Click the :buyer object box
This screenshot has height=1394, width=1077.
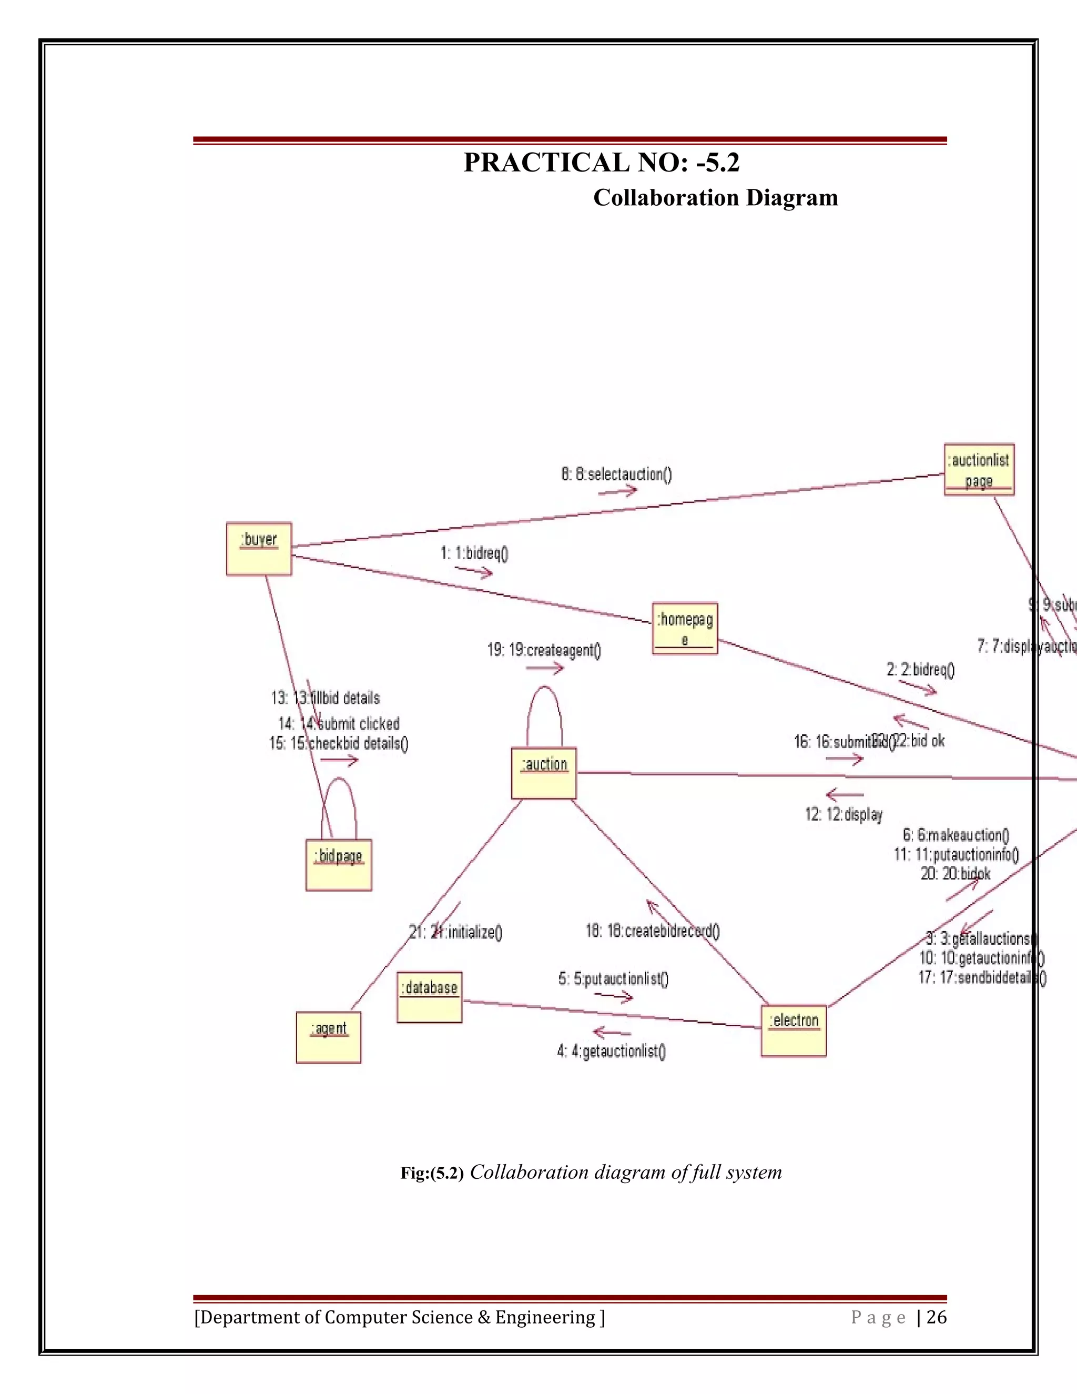point(259,549)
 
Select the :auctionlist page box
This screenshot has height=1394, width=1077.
point(979,470)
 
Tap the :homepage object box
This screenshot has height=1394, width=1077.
point(685,628)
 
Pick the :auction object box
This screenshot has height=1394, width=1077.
point(544,773)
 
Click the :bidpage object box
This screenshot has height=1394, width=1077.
point(339,865)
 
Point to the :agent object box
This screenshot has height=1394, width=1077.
point(329,1037)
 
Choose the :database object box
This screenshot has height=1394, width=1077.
point(430,997)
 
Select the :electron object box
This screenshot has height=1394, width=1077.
point(794,1031)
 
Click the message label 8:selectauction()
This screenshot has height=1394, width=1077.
point(616,474)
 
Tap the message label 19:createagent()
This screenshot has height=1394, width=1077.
point(544,650)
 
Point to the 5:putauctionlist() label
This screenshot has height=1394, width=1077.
point(613,978)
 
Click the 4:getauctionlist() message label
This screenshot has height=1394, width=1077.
point(611,1051)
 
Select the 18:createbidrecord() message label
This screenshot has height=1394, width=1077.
point(653,931)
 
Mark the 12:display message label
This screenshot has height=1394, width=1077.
point(844,814)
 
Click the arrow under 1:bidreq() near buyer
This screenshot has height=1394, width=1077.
point(473,571)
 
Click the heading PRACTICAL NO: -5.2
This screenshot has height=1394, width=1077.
point(601,163)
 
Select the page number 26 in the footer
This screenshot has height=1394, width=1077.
point(937,1317)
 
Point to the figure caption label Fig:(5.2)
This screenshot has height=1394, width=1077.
point(432,1173)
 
